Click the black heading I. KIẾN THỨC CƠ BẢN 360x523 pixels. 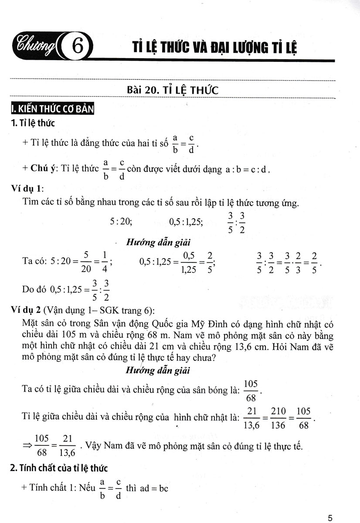click(51, 109)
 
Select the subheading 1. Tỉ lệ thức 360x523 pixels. click(33, 123)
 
